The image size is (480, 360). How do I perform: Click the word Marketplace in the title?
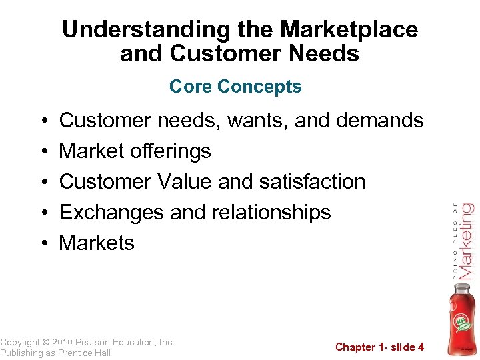[x=349, y=29]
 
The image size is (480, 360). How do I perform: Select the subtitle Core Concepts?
[x=235, y=87]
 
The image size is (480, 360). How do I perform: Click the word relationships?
[x=271, y=212]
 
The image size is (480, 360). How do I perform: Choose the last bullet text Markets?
[x=97, y=243]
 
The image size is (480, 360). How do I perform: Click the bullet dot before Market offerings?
[x=42, y=152]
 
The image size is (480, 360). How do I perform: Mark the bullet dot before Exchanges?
[x=42, y=213]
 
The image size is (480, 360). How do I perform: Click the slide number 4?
[x=421, y=347]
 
